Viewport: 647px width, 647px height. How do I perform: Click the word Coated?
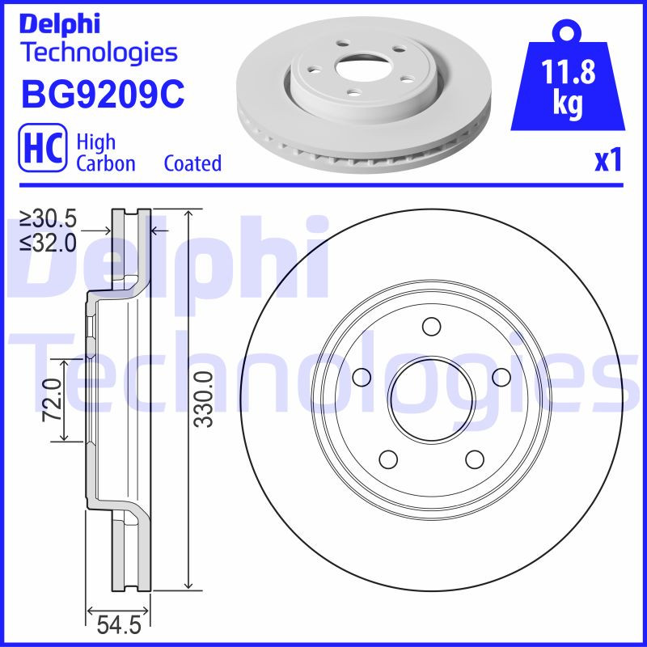pos(192,163)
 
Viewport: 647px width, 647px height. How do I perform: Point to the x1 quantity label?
pos(608,160)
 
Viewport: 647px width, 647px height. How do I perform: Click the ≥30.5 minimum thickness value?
pos(49,219)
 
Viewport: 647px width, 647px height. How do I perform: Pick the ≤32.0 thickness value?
pos(49,242)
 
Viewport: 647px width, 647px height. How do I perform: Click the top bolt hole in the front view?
pos(431,327)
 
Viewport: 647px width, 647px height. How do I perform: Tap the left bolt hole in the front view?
pos(362,377)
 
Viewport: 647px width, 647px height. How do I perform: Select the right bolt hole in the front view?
pos(501,377)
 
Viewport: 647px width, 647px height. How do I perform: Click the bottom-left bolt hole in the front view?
pos(388,459)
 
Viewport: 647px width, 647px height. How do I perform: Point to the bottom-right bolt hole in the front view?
pos(474,459)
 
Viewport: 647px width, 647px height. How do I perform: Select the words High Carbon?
pos(105,152)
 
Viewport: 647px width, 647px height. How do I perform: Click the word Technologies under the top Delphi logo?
pos(98,53)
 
